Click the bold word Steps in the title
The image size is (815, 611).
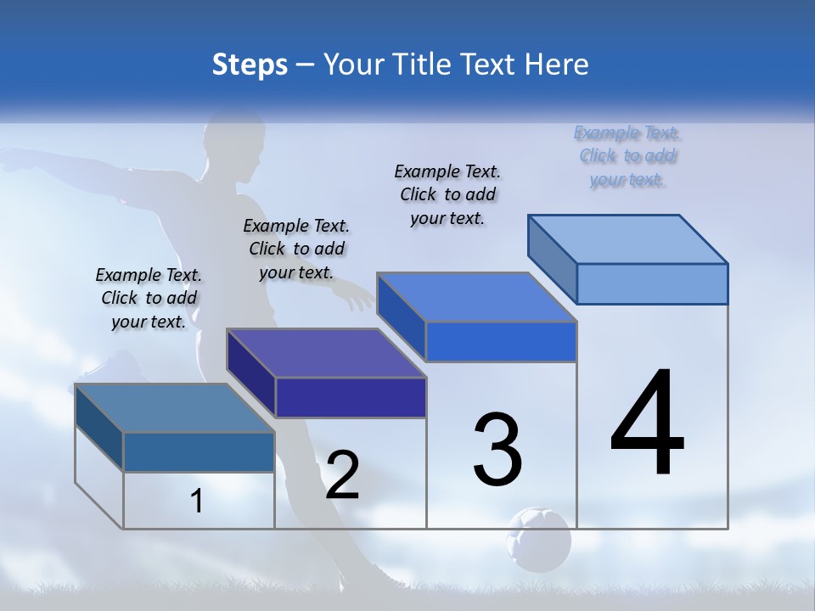[250, 64]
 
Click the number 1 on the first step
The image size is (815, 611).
[197, 502]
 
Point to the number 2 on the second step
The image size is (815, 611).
[342, 475]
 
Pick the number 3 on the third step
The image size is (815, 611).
[497, 449]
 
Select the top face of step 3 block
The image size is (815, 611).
[476, 297]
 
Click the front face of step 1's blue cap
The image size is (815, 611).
[199, 452]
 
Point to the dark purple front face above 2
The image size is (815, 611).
[351, 397]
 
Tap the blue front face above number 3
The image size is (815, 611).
[501, 342]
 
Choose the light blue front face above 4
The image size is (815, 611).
[652, 283]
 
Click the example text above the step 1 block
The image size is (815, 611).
[149, 298]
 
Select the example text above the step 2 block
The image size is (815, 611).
[296, 249]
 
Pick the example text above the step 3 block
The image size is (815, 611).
[447, 194]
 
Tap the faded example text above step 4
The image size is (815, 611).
[627, 156]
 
